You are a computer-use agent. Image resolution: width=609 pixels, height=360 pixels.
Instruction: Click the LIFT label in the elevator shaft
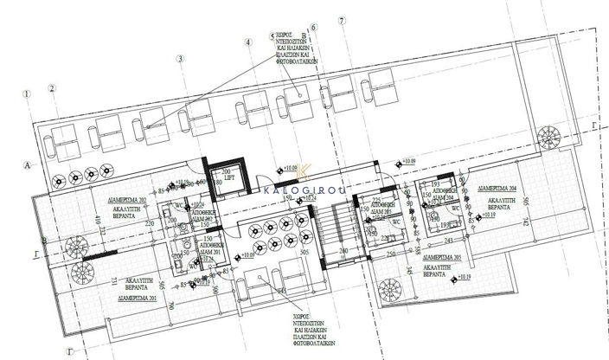coord(229,180)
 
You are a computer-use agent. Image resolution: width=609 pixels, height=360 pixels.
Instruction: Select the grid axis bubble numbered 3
coord(180,59)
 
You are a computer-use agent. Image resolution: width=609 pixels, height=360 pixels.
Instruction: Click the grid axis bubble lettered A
coord(28,162)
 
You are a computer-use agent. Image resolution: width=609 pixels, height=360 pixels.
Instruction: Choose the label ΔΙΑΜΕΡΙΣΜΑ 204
coord(499,187)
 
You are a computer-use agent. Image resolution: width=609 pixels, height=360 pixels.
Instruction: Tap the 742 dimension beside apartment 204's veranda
coord(571,224)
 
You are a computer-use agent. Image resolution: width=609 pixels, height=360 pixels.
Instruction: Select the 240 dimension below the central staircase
coord(343,252)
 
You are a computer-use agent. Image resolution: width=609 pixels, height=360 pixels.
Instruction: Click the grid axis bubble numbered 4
coord(247,41)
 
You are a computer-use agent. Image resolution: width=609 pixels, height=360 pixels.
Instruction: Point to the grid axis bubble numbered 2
coord(52,87)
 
